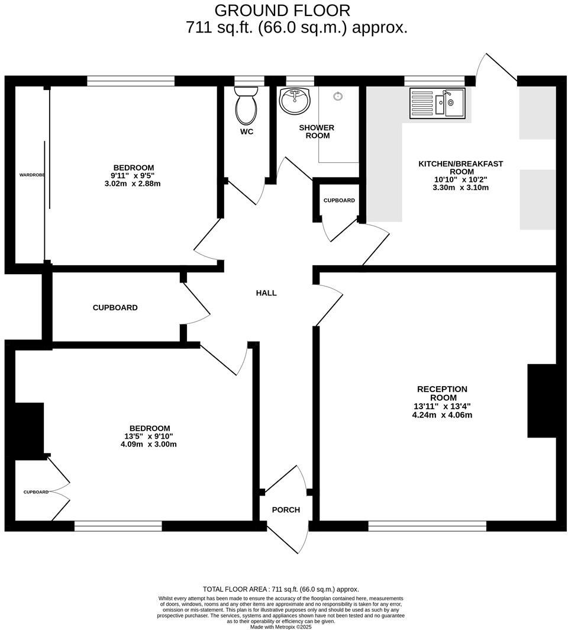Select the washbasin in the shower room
tap(294, 101)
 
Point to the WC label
tap(247, 131)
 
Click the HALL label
tap(266, 293)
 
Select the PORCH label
tap(286, 510)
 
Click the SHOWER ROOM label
tap(317, 131)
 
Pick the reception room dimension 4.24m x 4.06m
tap(443, 415)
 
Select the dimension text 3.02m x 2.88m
tap(133, 184)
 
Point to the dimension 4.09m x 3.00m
tap(149, 444)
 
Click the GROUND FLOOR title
tap(282, 10)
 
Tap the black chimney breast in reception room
tap(541, 401)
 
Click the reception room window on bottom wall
tap(427, 526)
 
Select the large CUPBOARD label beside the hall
tap(115, 308)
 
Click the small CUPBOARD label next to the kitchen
tap(339, 201)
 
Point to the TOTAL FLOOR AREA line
tap(281, 589)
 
